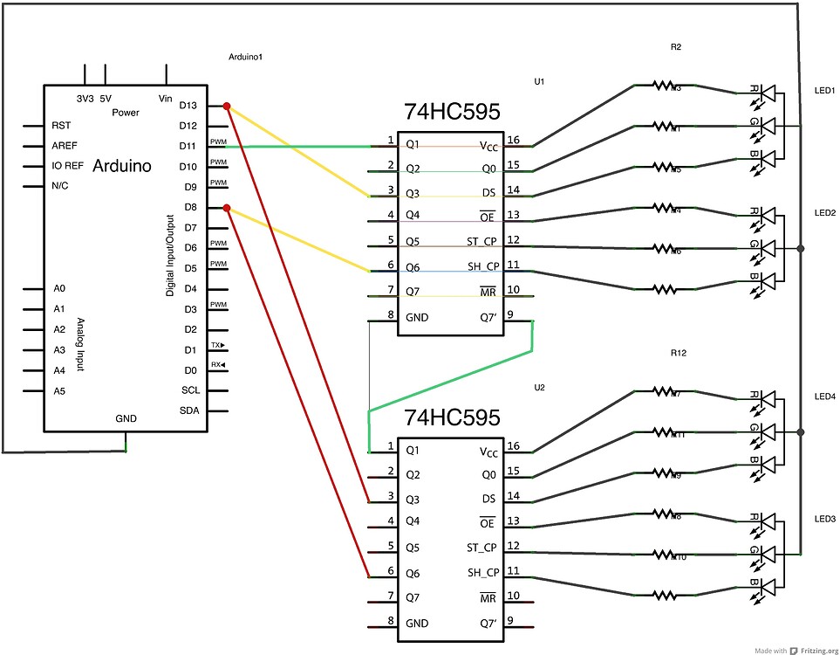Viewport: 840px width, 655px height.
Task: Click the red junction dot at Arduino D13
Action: [227, 107]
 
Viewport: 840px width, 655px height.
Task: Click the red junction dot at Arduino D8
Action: [227, 208]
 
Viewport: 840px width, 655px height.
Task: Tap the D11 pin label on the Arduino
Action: [188, 146]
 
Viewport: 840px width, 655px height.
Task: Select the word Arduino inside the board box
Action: [121, 166]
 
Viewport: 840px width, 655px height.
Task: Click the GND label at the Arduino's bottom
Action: [126, 419]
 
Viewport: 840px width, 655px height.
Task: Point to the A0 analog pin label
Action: [59, 288]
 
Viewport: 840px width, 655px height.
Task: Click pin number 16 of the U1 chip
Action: [515, 140]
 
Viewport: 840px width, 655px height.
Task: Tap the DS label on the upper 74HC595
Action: [488, 192]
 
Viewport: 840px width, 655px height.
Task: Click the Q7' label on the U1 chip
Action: [488, 317]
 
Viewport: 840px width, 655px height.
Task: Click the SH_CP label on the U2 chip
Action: [482, 573]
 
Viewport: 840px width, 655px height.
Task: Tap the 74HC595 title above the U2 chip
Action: [452, 418]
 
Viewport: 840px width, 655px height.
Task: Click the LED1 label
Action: [824, 91]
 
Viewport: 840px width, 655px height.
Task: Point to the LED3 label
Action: [824, 519]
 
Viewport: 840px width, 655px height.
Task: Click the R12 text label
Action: [678, 354]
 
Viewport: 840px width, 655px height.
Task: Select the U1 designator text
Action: [539, 81]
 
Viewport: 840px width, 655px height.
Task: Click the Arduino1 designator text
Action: [245, 57]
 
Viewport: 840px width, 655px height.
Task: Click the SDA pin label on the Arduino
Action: [189, 410]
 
